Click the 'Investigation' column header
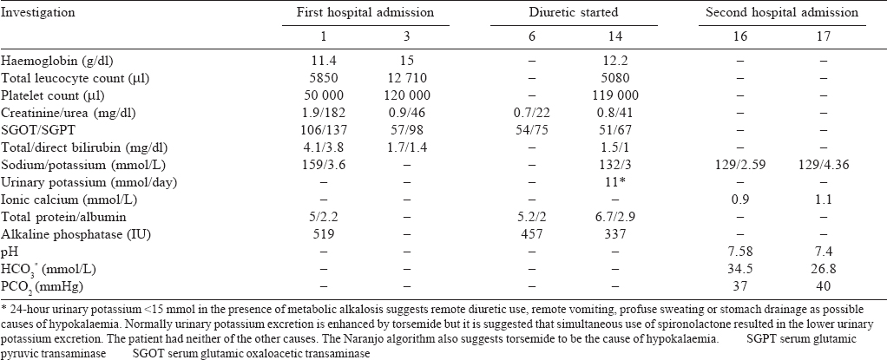39,13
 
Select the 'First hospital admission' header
365,12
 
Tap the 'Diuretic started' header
574,12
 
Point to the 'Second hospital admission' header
782,12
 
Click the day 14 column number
615,36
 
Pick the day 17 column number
824,36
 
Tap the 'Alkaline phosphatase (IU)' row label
65,234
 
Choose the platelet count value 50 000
324,95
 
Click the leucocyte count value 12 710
407,78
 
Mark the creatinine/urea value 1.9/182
324,113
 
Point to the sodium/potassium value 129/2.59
740,165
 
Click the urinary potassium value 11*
615,182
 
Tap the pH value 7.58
740,252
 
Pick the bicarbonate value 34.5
740,269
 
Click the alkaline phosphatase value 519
324,234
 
